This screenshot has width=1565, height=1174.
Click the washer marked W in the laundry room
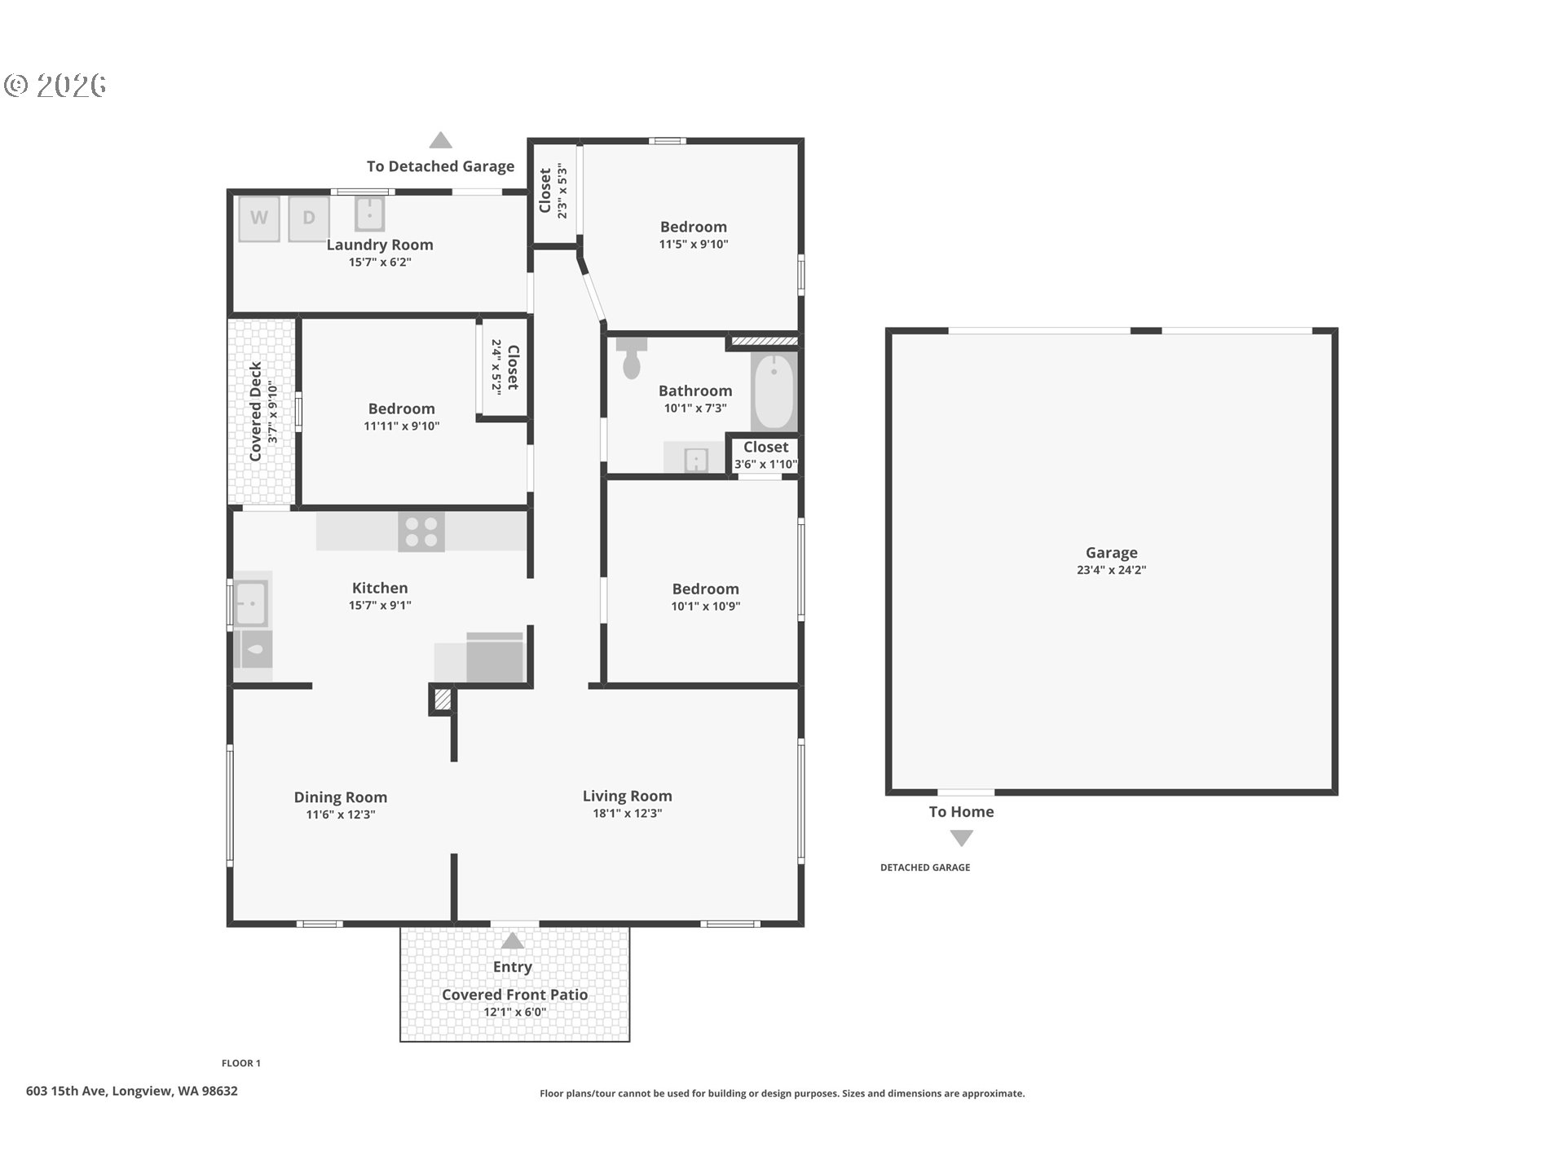point(259,218)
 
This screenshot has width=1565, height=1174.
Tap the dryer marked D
point(309,218)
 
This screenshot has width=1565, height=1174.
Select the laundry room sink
point(370,214)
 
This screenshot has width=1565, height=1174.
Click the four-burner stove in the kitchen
point(421,532)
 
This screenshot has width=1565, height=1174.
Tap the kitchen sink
point(250,603)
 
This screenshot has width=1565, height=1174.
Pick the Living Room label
point(627,796)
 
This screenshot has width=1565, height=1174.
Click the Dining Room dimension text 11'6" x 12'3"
point(341,814)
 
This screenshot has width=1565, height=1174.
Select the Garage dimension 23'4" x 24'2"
point(1111,570)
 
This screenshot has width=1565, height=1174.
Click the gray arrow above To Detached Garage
point(441,140)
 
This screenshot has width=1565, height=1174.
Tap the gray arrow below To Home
point(962,838)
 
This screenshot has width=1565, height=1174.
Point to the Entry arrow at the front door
point(512,941)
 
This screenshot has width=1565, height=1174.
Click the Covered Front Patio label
point(514,995)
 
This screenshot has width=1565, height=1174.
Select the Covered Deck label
point(255,412)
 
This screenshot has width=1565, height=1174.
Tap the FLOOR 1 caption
point(241,1063)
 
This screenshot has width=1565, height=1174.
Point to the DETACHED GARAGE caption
point(925,867)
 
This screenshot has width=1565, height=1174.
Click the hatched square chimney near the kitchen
point(442,700)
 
